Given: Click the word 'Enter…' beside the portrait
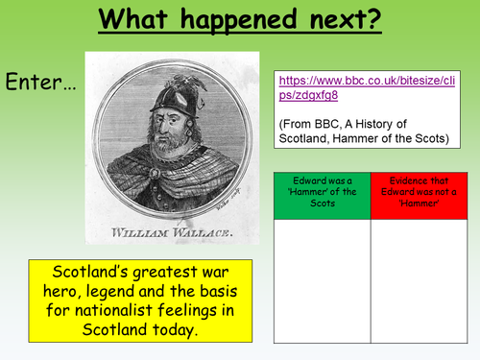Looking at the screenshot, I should (40, 83).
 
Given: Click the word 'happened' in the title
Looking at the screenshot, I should (236, 19).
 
